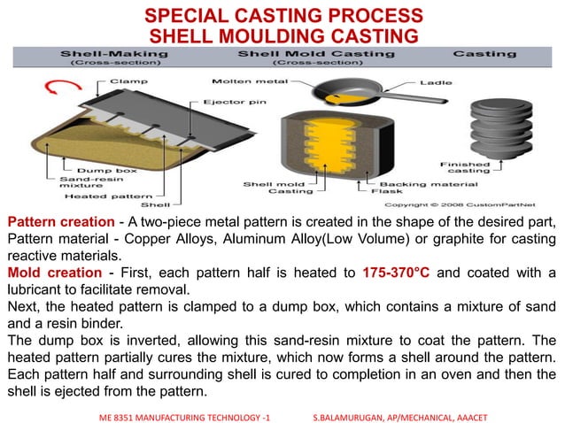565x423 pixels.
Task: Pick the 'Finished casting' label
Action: (467, 168)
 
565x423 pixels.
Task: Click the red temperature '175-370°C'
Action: (396, 271)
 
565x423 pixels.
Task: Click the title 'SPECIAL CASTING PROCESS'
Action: (283, 16)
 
